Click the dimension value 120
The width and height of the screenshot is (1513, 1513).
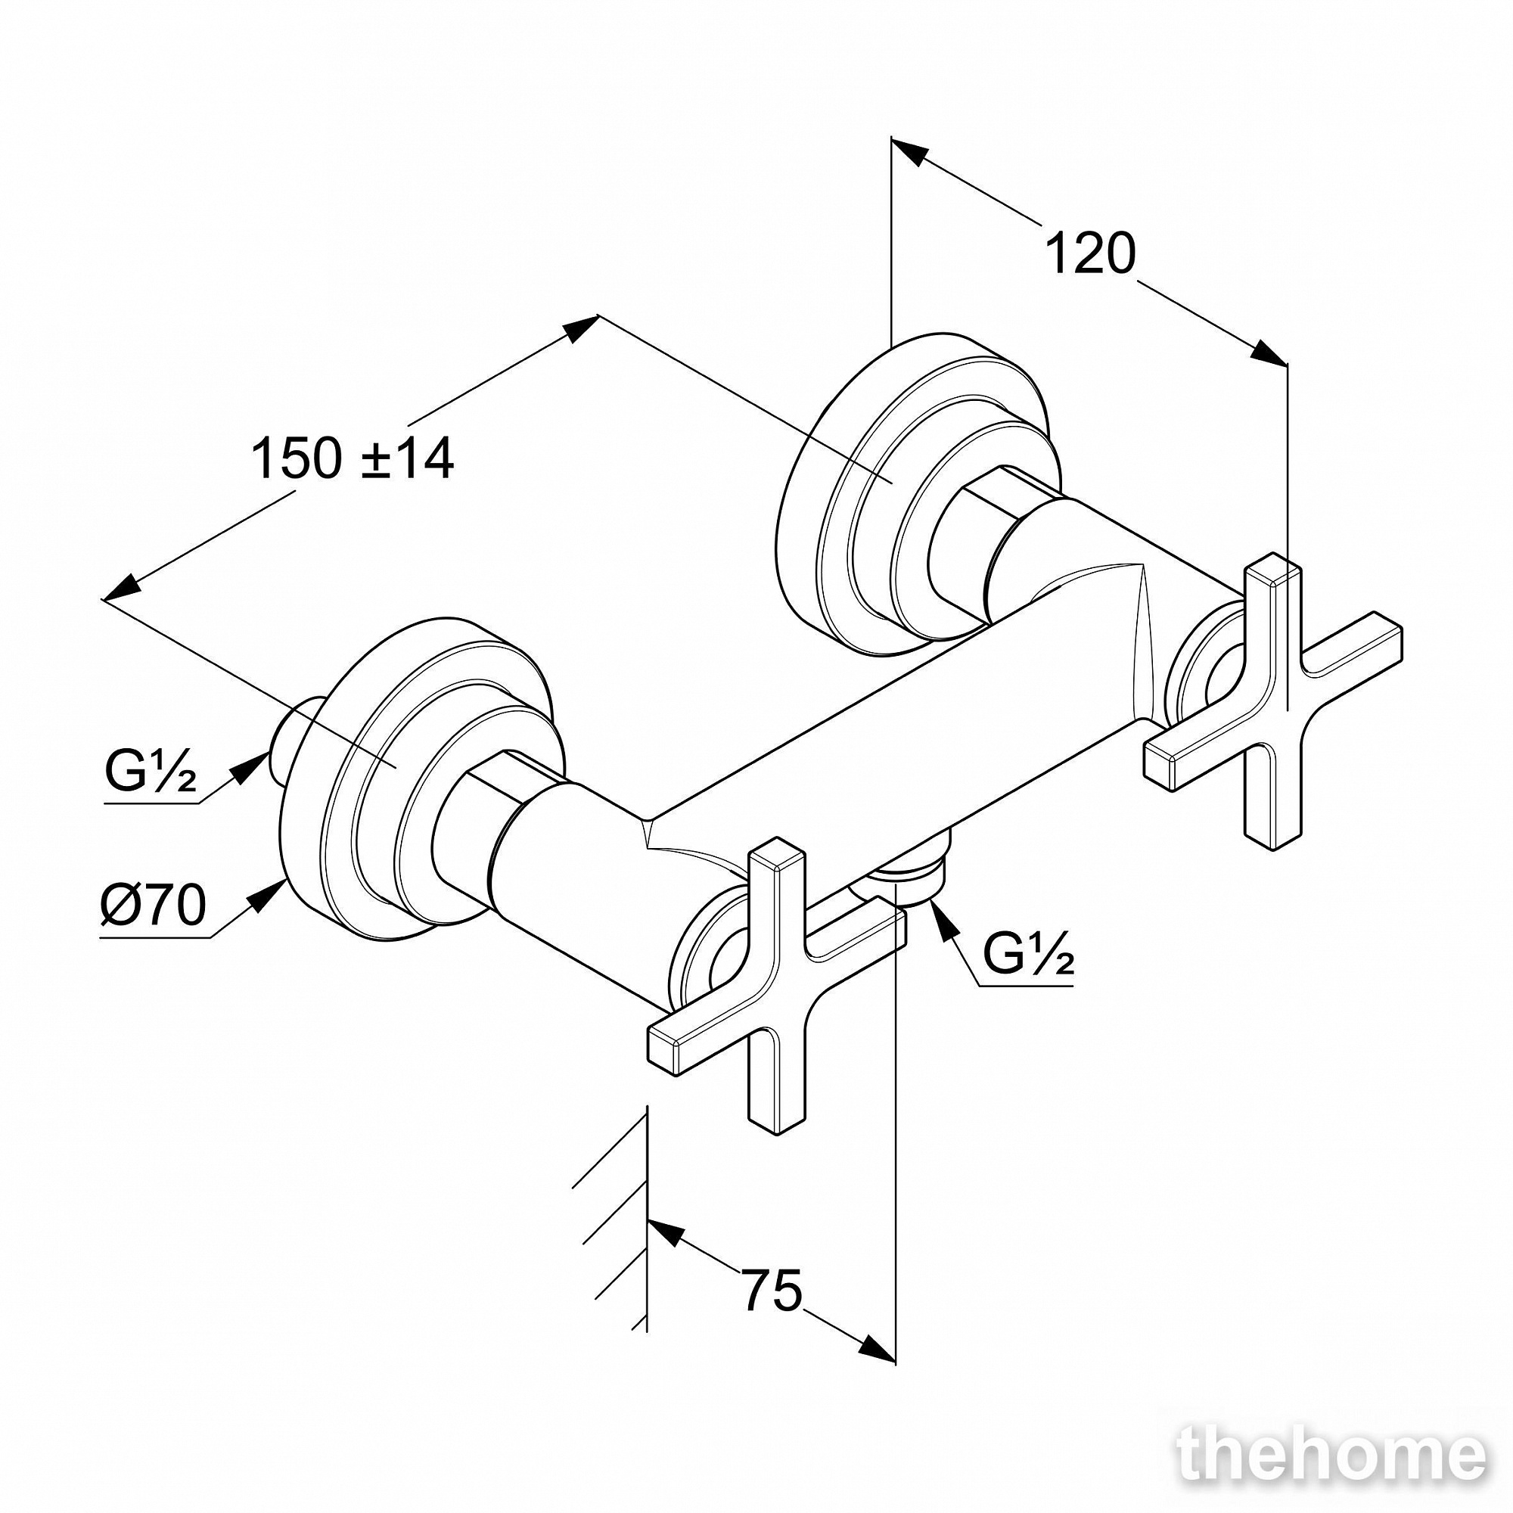pyautogui.click(x=1089, y=253)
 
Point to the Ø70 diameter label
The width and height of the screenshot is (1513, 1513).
pyautogui.click(x=154, y=905)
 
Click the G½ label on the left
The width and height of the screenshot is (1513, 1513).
pyautogui.click(x=151, y=772)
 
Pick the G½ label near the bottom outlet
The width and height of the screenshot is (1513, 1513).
pyautogui.click(x=1027, y=952)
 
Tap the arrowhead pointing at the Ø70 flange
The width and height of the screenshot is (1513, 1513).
pyautogui.click(x=269, y=895)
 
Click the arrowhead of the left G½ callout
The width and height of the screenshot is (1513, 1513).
pyautogui.click(x=252, y=764)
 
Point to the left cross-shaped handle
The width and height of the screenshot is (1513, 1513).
pyautogui.click(x=776, y=986)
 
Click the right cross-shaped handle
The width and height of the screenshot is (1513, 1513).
pyautogui.click(x=1272, y=703)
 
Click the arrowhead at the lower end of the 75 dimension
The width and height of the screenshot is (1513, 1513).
pyautogui.click(x=877, y=802)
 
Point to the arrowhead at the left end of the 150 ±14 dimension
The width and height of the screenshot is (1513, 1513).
pyautogui.click(x=120, y=588)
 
